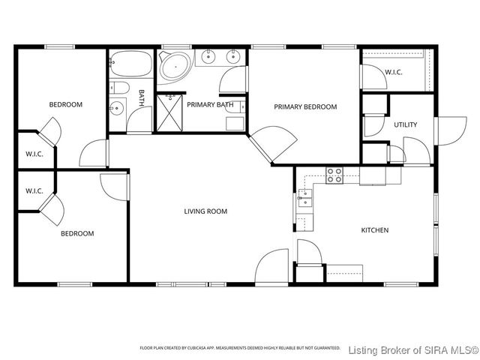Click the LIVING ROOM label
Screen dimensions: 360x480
click(x=205, y=211)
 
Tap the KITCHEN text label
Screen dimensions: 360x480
click(x=375, y=230)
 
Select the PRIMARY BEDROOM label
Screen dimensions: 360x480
click(x=305, y=106)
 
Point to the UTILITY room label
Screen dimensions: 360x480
click(x=405, y=124)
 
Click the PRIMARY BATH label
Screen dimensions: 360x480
click(x=210, y=104)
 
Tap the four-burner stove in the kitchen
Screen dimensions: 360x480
click(x=334, y=175)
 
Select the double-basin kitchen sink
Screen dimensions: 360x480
click(x=304, y=198)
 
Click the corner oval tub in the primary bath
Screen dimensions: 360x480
click(x=175, y=67)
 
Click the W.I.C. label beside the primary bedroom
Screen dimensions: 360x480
click(x=394, y=72)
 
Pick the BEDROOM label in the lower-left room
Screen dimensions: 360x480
click(x=77, y=233)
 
